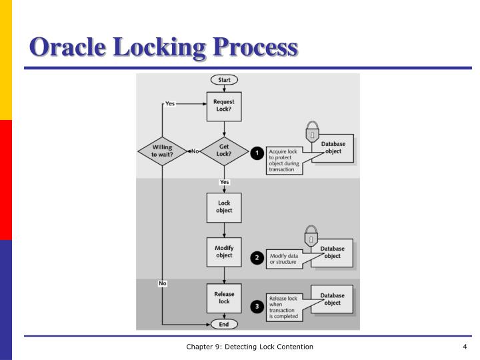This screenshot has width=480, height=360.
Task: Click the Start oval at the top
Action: click(x=224, y=80)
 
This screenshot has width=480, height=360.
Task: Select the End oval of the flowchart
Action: click(x=224, y=325)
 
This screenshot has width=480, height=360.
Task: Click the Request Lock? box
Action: click(x=224, y=107)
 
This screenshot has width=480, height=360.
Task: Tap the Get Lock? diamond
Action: click(x=224, y=151)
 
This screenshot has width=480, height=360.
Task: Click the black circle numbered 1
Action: click(x=256, y=153)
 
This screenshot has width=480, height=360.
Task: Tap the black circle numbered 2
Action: click(x=256, y=257)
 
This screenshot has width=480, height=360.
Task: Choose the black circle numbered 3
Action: click(x=256, y=306)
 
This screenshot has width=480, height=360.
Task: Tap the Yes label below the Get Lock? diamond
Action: click(x=224, y=181)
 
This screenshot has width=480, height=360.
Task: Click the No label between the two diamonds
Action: click(x=195, y=152)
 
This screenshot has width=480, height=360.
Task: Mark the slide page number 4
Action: click(x=464, y=347)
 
